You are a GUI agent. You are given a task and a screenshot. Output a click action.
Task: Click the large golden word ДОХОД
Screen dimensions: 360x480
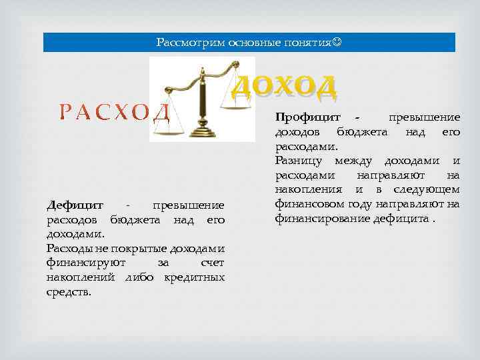pos(285,86)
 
